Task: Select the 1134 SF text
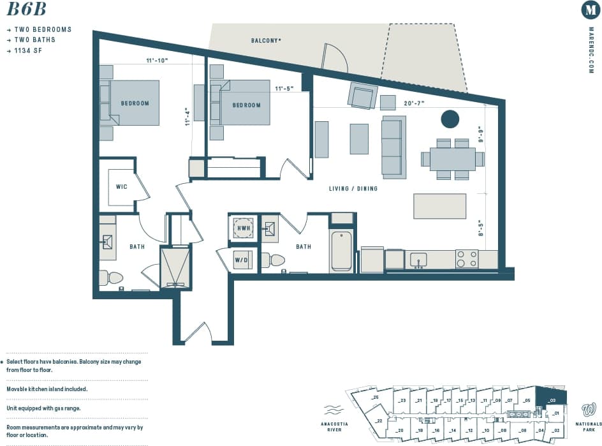click(29, 50)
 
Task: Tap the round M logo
click(591, 10)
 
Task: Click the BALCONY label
click(266, 40)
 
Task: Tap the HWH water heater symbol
click(243, 228)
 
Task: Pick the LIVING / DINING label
click(353, 188)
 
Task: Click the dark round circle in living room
click(450, 119)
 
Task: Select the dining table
click(453, 159)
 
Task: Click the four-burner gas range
click(467, 258)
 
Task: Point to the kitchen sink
click(419, 259)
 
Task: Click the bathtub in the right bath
click(342, 251)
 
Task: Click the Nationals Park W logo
click(589, 409)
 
